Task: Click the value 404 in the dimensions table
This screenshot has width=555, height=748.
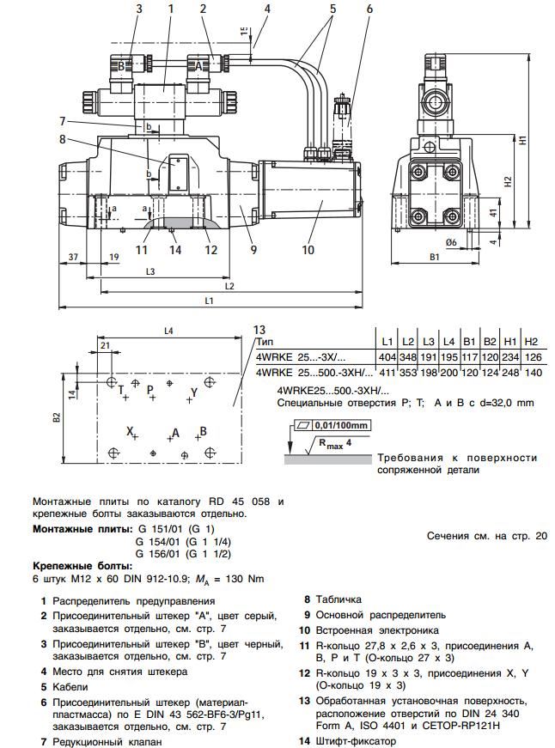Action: click(386, 356)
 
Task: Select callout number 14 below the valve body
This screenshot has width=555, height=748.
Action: click(175, 251)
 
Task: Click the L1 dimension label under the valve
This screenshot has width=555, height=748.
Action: click(209, 300)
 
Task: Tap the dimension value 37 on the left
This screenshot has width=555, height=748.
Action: click(73, 256)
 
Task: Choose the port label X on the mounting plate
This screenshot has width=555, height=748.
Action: click(130, 430)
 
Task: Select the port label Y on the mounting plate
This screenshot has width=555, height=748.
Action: click(194, 392)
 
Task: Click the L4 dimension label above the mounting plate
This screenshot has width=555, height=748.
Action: click(168, 331)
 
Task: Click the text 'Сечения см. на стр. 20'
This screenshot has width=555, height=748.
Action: click(486, 535)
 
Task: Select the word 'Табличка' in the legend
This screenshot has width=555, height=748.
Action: click(338, 599)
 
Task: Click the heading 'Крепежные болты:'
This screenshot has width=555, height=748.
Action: click(82, 566)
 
